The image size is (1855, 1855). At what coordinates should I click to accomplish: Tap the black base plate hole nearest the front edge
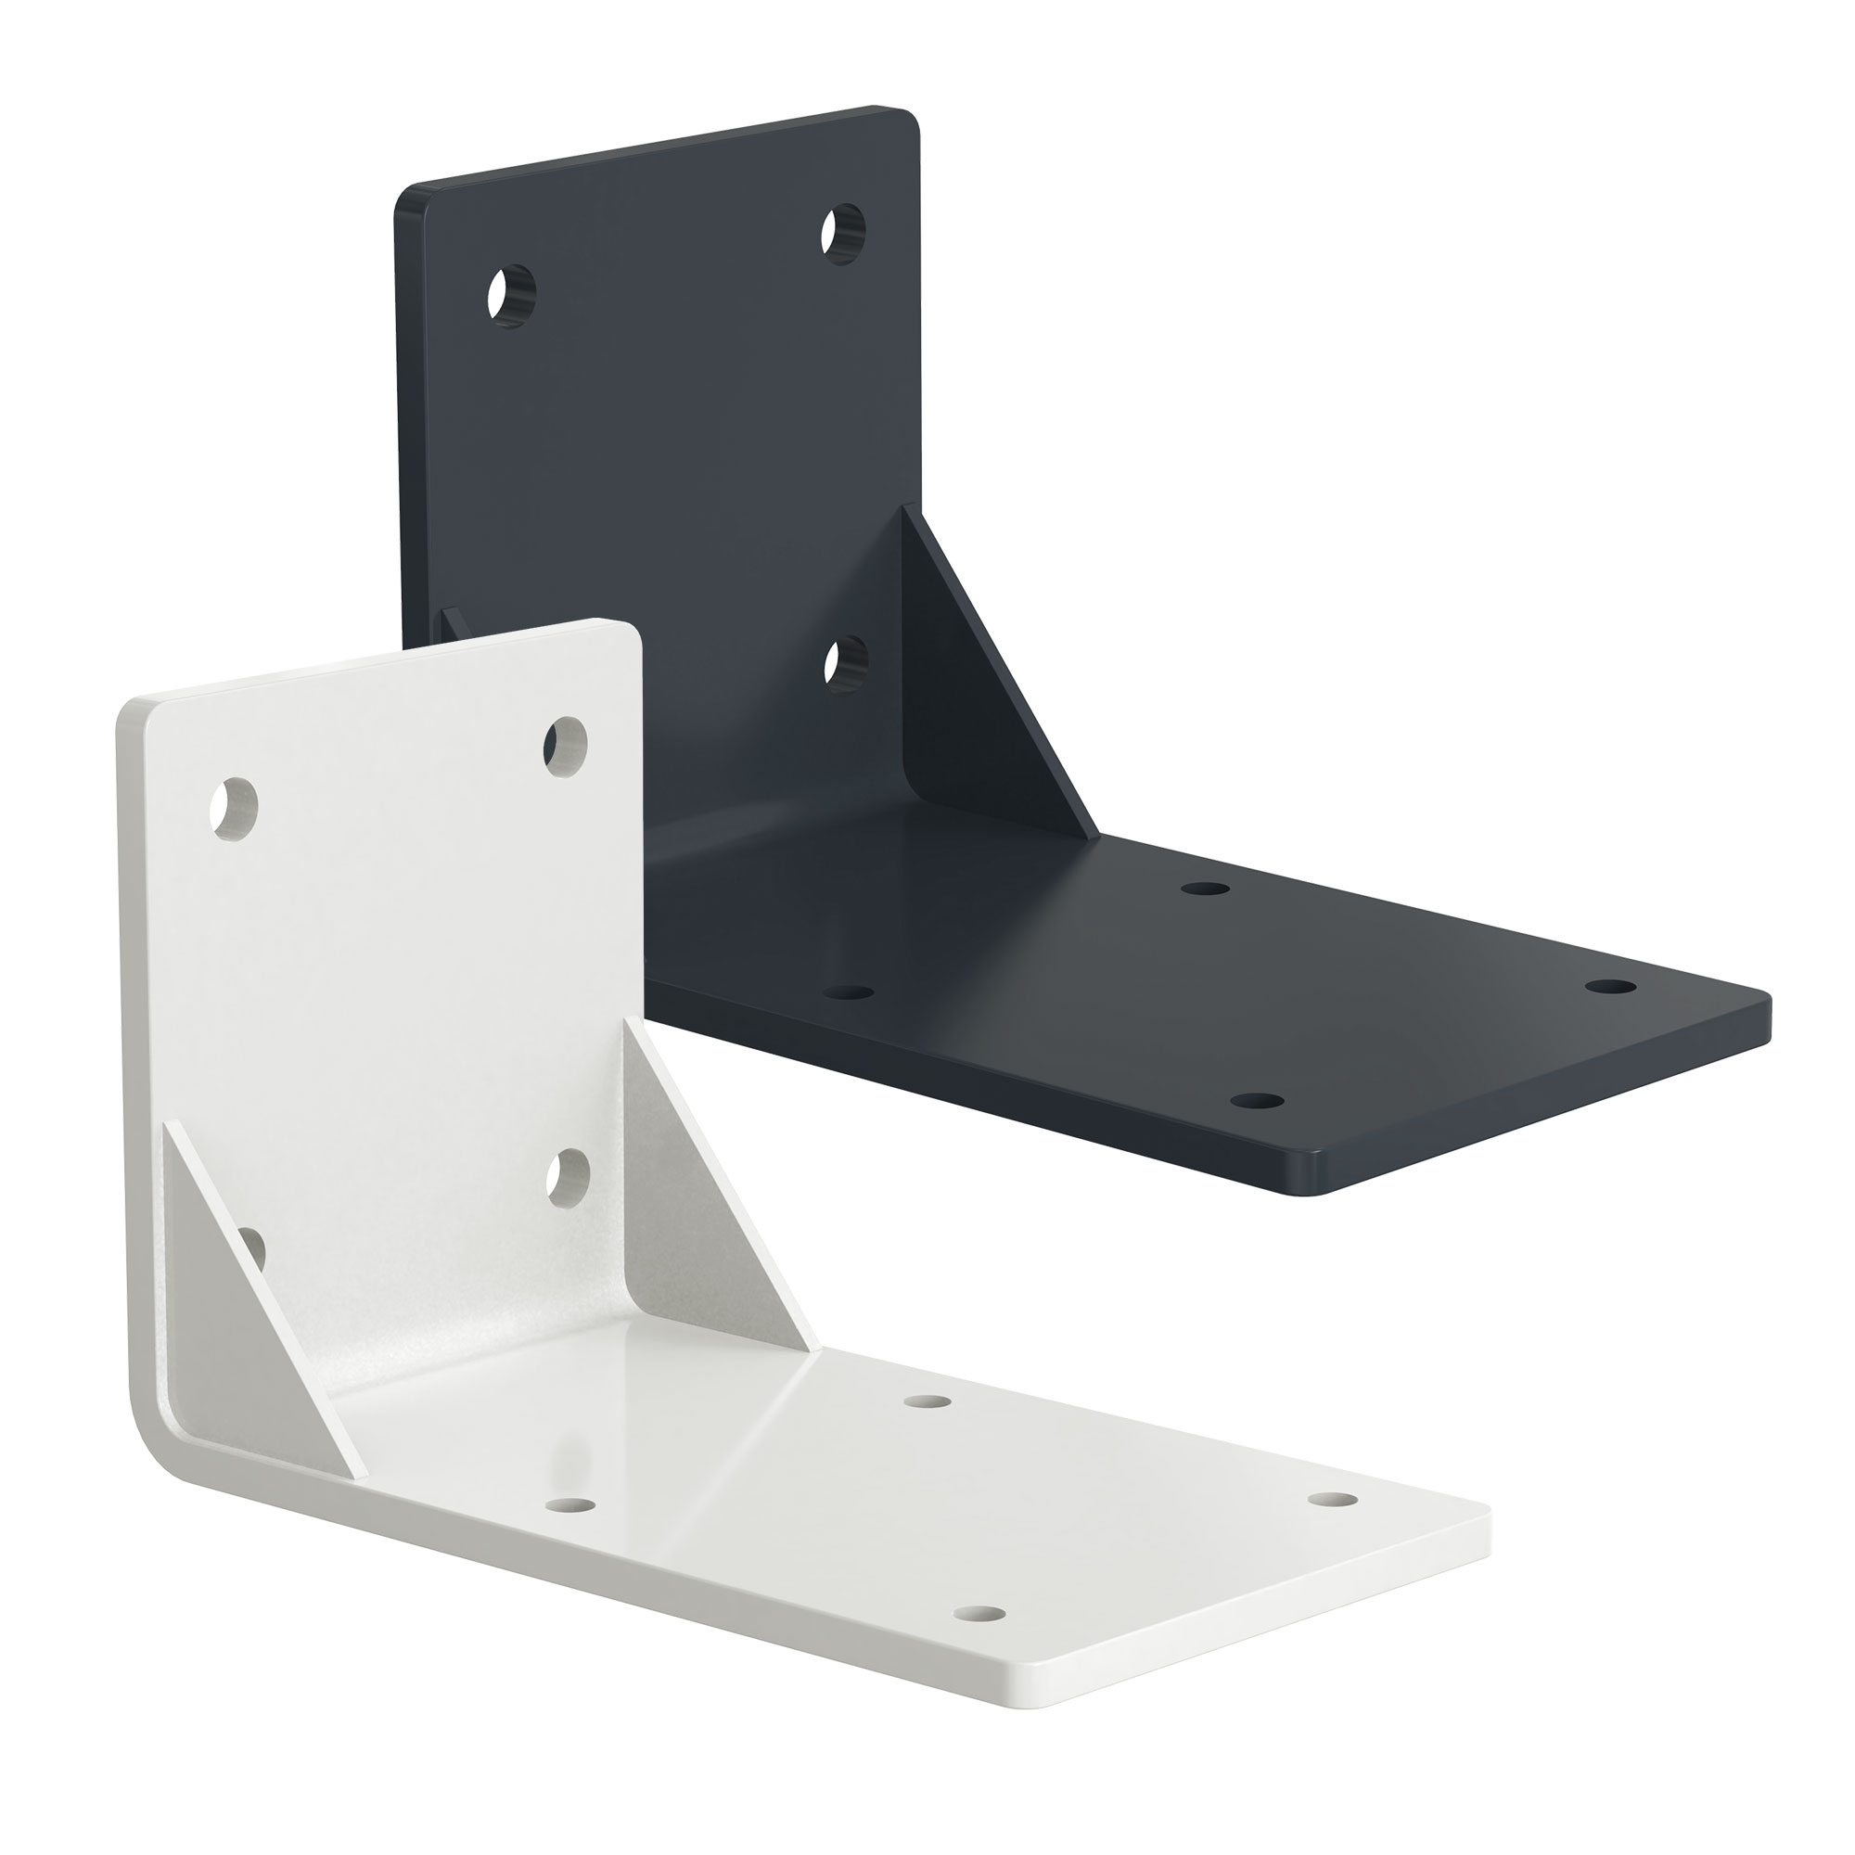(1257, 1100)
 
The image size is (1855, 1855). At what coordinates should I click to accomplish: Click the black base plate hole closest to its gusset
(1205, 889)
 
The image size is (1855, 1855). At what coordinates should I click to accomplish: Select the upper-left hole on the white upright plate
(235, 810)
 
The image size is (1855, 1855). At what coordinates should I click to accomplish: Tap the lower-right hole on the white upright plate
(568, 1177)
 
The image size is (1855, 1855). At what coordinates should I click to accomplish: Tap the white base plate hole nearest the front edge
(979, 1614)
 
